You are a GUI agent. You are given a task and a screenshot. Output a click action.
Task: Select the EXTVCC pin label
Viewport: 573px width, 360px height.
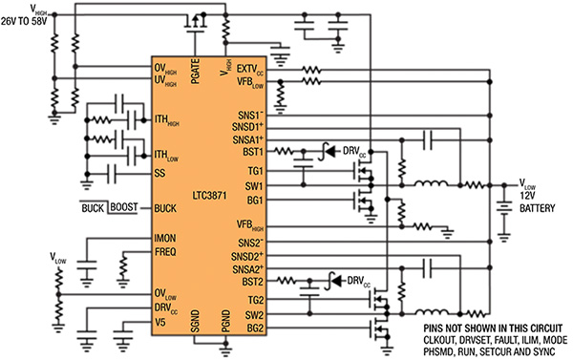pyautogui.click(x=250, y=70)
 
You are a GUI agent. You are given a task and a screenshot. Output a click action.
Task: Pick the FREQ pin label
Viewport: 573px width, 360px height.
pyautogui.click(x=166, y=254)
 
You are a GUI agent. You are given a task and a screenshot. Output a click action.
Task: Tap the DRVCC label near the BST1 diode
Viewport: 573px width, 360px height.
pyautogui.click(x=350, y=151)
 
